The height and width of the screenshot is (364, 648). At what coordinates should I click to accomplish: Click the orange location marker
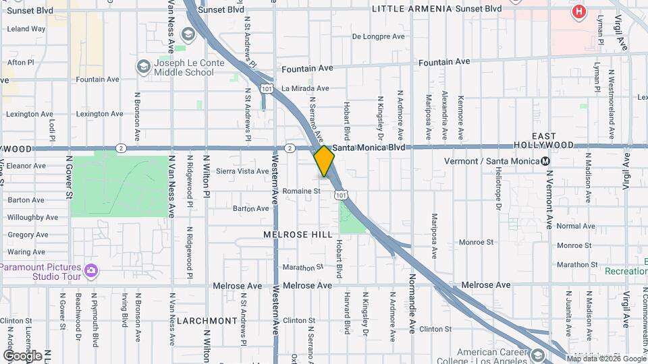tap(325, 161)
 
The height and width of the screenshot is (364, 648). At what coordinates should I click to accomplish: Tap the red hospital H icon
tap(578, 11)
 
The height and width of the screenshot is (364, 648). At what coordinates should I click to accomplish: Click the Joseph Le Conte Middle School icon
tap(143, 66)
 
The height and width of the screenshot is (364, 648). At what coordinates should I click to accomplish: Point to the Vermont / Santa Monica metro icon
tap(545, 161)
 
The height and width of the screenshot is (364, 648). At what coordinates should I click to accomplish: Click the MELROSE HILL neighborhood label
tap(298, 235)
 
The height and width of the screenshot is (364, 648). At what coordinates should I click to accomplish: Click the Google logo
tap(22, 355)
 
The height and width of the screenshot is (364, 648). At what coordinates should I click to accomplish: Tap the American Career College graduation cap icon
tap(537, 355)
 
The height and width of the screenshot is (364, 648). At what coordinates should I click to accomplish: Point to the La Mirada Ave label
tap(305, 88)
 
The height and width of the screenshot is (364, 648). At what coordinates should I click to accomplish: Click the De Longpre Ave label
tap(378, 36)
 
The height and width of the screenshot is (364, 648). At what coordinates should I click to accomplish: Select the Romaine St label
tap(301, 191)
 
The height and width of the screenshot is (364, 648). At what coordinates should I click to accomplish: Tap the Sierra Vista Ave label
tap(242, 171)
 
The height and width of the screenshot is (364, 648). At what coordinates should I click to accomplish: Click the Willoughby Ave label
tap(34, 218)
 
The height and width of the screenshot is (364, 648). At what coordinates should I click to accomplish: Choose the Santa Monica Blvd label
tap(369, 148)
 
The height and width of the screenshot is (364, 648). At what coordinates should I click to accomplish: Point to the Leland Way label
tap(26, 30)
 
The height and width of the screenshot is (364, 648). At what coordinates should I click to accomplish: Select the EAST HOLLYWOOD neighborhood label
tap(543, 140)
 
